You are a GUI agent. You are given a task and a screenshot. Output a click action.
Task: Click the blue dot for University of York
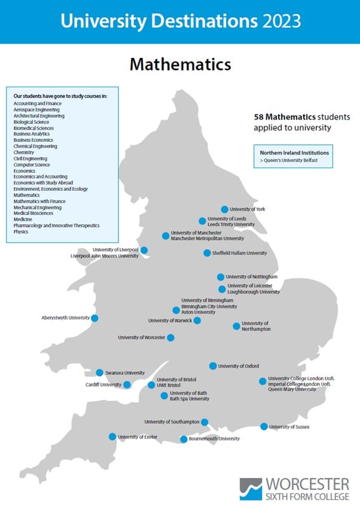[224, 209]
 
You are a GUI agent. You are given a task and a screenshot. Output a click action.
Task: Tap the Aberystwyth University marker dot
[94, 318]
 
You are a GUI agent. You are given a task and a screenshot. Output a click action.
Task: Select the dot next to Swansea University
[100, 373]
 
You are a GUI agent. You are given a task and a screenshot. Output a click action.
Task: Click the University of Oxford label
[239, 366]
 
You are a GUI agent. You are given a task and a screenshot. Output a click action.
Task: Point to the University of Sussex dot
[264, 426]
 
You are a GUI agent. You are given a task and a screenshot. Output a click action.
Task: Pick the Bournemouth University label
[214, 439]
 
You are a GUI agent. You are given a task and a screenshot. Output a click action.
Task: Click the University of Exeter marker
[112, 437]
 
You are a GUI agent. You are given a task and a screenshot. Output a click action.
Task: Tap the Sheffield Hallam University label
[239, 253]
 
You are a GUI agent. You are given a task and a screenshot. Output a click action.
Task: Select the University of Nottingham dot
[220, 277]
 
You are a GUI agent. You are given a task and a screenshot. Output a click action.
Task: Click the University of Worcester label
[141, 338]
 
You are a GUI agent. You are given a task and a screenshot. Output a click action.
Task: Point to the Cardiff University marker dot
[127, 385]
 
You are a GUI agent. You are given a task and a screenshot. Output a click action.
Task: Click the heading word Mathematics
[180, 63]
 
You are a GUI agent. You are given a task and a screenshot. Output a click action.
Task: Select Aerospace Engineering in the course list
[36, 110]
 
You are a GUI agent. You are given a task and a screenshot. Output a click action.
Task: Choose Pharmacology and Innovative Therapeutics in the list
[56, 225]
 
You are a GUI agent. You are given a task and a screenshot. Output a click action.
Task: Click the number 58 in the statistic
[259, 116]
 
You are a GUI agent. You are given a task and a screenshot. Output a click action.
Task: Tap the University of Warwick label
[170, 321]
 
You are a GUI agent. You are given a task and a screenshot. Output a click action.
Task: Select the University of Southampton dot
[205, 422]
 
